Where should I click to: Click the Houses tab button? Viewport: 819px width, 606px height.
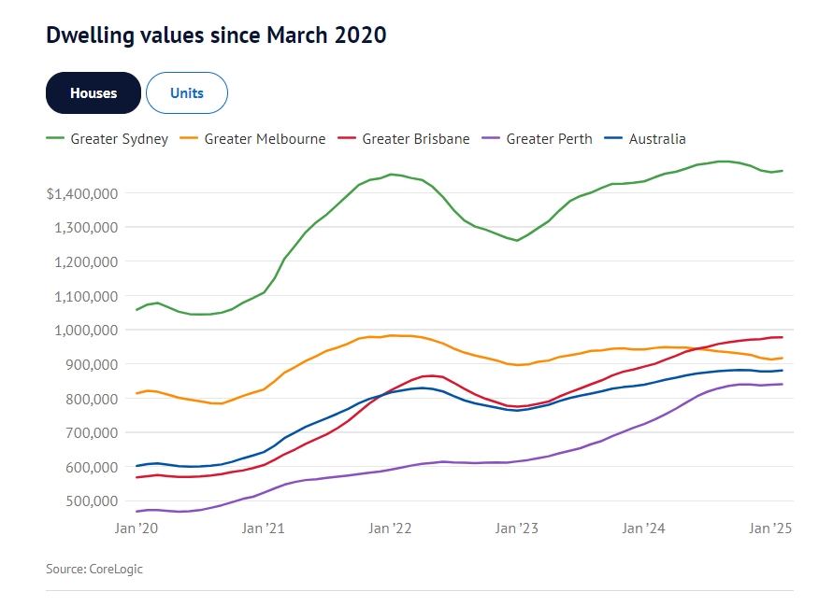(93, 92)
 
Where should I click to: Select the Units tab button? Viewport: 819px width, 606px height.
(187, 92)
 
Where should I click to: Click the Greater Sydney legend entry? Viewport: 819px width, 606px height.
(108, 139)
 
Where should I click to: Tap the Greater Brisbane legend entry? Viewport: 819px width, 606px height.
(415, 139)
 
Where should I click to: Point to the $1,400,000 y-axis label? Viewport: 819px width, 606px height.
(81, 193)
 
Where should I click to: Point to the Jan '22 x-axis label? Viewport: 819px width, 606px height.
(390, 528)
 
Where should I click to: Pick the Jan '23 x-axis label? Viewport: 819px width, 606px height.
(517, 528)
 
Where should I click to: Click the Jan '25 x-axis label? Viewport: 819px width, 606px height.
(771, 528)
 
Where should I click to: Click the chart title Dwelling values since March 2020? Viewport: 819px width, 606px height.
(216, 35)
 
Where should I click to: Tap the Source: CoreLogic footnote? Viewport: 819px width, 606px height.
(94, 569)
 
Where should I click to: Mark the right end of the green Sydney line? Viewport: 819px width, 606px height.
(782, 171)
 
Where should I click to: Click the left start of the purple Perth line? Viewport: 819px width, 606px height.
(137, 511)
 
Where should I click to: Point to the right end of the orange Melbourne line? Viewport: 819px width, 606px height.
(782, 358)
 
